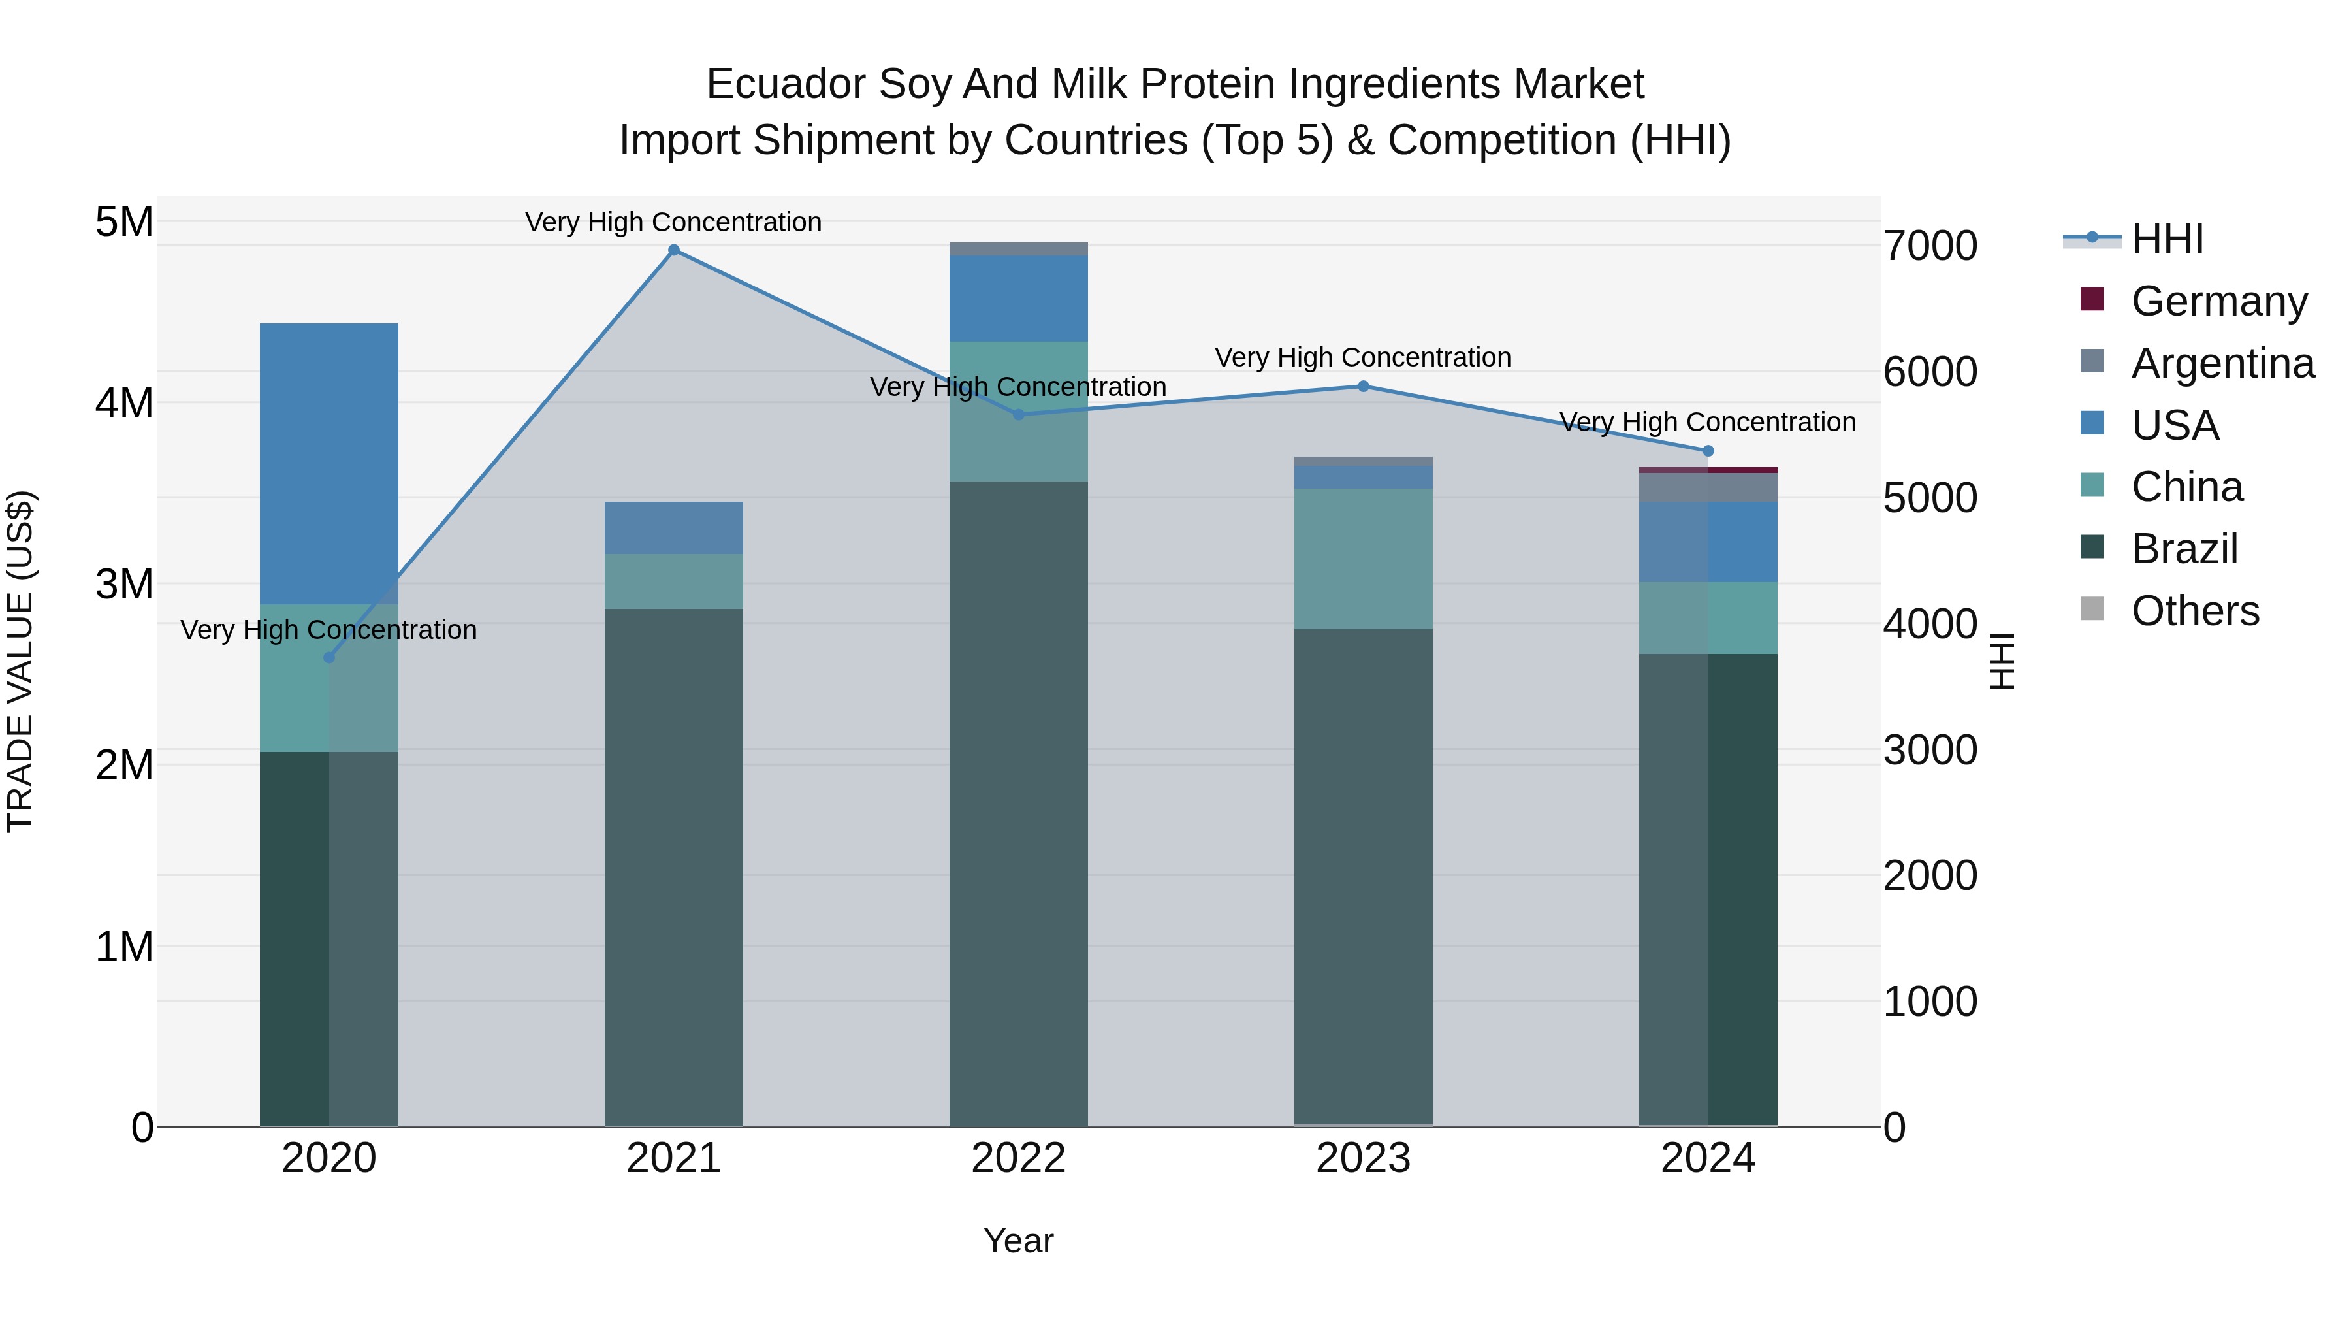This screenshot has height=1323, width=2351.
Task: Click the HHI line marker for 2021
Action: coord(673,250)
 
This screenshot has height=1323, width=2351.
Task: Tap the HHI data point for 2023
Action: coord(1364,386)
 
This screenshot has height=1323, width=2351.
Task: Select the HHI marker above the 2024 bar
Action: coord(1708,451)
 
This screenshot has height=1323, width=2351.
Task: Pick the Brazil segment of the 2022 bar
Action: coord(1019,804)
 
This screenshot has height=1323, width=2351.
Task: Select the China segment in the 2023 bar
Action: coord(1364,559)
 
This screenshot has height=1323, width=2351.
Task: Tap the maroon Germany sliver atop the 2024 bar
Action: coord(1708,470)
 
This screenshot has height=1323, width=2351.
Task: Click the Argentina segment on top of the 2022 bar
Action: coord(1019,250)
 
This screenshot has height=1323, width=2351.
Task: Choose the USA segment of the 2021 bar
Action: coord(673,528)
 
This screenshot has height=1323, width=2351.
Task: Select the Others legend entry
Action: coord(2195,611)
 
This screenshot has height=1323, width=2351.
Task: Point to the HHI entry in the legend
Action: coord(2167,239)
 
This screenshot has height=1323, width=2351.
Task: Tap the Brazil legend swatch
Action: coord(2092,548)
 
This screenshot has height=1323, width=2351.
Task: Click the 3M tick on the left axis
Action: coord(124,584)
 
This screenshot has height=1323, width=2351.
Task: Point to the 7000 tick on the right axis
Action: coord(1930,246)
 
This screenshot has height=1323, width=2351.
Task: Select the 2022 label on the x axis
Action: coord(1019,1158)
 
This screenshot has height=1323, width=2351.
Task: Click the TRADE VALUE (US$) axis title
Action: coord(20,661)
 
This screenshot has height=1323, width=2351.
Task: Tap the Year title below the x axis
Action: coord(1019,1241)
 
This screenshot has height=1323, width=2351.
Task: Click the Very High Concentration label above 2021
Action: coord(673,223)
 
